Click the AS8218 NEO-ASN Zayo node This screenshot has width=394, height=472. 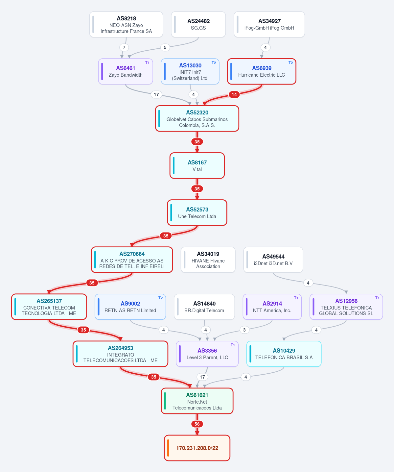[x=126, y=24]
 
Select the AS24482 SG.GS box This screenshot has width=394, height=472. [x=198, y=24]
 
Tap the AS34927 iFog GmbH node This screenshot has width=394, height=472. [x=269, y=24]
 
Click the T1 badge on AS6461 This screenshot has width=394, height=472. [x=147, y=63]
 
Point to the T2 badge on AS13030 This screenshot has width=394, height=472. [x=214, y=63]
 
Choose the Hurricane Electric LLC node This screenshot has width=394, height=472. [x=262, y=71]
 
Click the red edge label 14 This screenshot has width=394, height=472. [x=234, y=94]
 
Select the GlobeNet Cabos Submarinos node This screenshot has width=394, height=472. [x=197, y=118]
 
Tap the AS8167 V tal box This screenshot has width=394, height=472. [x=197, y=165]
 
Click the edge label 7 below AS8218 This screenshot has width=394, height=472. [x=124, y=47]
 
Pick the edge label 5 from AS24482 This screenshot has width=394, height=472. [x=165, y=47]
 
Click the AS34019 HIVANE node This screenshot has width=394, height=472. [x=208, y=260]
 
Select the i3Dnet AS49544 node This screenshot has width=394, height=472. [x=273, y=260]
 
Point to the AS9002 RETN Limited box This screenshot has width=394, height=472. [x=130, y=307]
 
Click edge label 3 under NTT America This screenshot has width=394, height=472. [x=244, y=330]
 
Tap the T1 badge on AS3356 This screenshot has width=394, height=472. [x=233, y=345]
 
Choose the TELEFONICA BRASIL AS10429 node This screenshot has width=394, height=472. [x=284, y=354]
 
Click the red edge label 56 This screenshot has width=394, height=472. [x=197, y=424]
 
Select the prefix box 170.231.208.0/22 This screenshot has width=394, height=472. [x=197, y=448]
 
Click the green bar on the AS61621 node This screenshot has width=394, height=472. [x=165, y=401]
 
